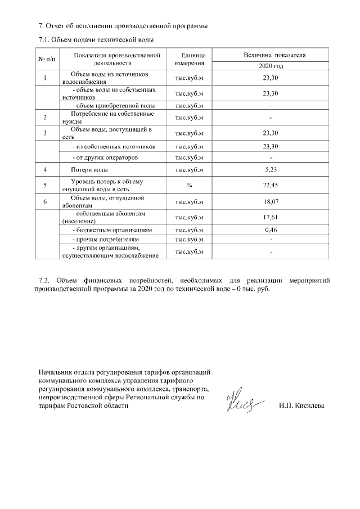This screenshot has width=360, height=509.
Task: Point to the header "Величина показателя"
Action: (x=271, y=56)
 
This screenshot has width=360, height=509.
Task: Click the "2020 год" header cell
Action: (x=271, y=66)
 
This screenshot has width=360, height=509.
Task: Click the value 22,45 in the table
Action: (x=271, y=184)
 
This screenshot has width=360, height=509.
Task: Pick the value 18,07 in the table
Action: (x=271, y=201)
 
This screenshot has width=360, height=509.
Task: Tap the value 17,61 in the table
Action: (x=271, y=218)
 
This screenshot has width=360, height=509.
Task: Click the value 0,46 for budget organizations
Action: (x=271, y=230)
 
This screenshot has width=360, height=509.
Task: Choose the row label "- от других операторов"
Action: (x=106, y=157)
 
